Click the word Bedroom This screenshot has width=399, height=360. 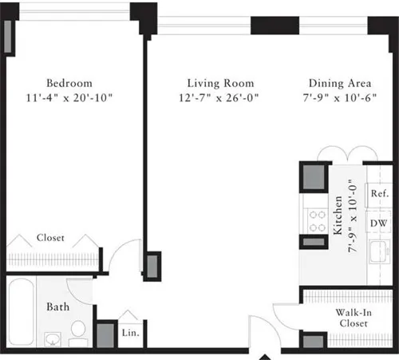click(69, 83)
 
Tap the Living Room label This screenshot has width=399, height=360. click(220, 83)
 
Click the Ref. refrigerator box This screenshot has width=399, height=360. click(379, 194)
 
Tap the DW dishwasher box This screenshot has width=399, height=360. click(379, 223)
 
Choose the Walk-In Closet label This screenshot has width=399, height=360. click(352, 317)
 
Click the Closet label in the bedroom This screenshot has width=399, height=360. click(49, 238)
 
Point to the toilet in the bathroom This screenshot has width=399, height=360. click(78, 331)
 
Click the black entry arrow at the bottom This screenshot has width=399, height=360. click(264, 354)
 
